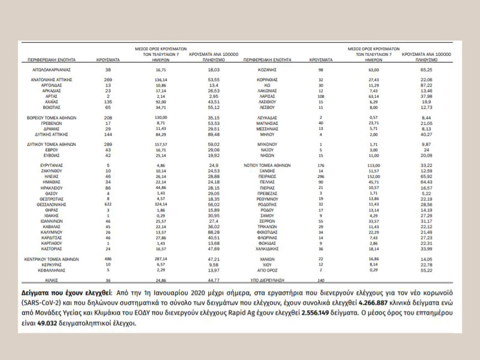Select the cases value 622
(x=108, y=204)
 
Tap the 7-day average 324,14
(x=160, y=204)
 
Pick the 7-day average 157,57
(x=160, y=127)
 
